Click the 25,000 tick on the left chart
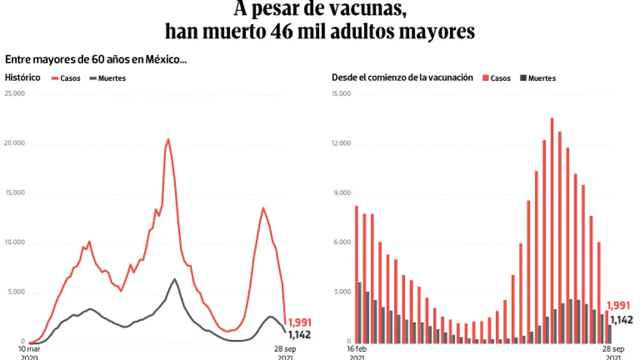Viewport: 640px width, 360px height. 15,94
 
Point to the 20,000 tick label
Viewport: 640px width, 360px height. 15,143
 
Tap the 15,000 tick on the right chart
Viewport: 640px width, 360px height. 342,94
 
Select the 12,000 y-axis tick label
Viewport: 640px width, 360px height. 342,143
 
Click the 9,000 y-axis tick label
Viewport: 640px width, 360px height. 343,193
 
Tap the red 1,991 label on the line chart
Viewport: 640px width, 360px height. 299,323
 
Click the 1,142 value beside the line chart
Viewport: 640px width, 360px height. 299,335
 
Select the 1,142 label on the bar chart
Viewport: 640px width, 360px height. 621,320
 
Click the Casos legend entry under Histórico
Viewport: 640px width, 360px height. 66,78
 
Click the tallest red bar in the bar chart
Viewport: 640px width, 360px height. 552,229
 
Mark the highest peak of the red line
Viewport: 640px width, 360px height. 169,140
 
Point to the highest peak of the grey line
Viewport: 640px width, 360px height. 174,279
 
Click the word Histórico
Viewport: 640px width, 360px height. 22,77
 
